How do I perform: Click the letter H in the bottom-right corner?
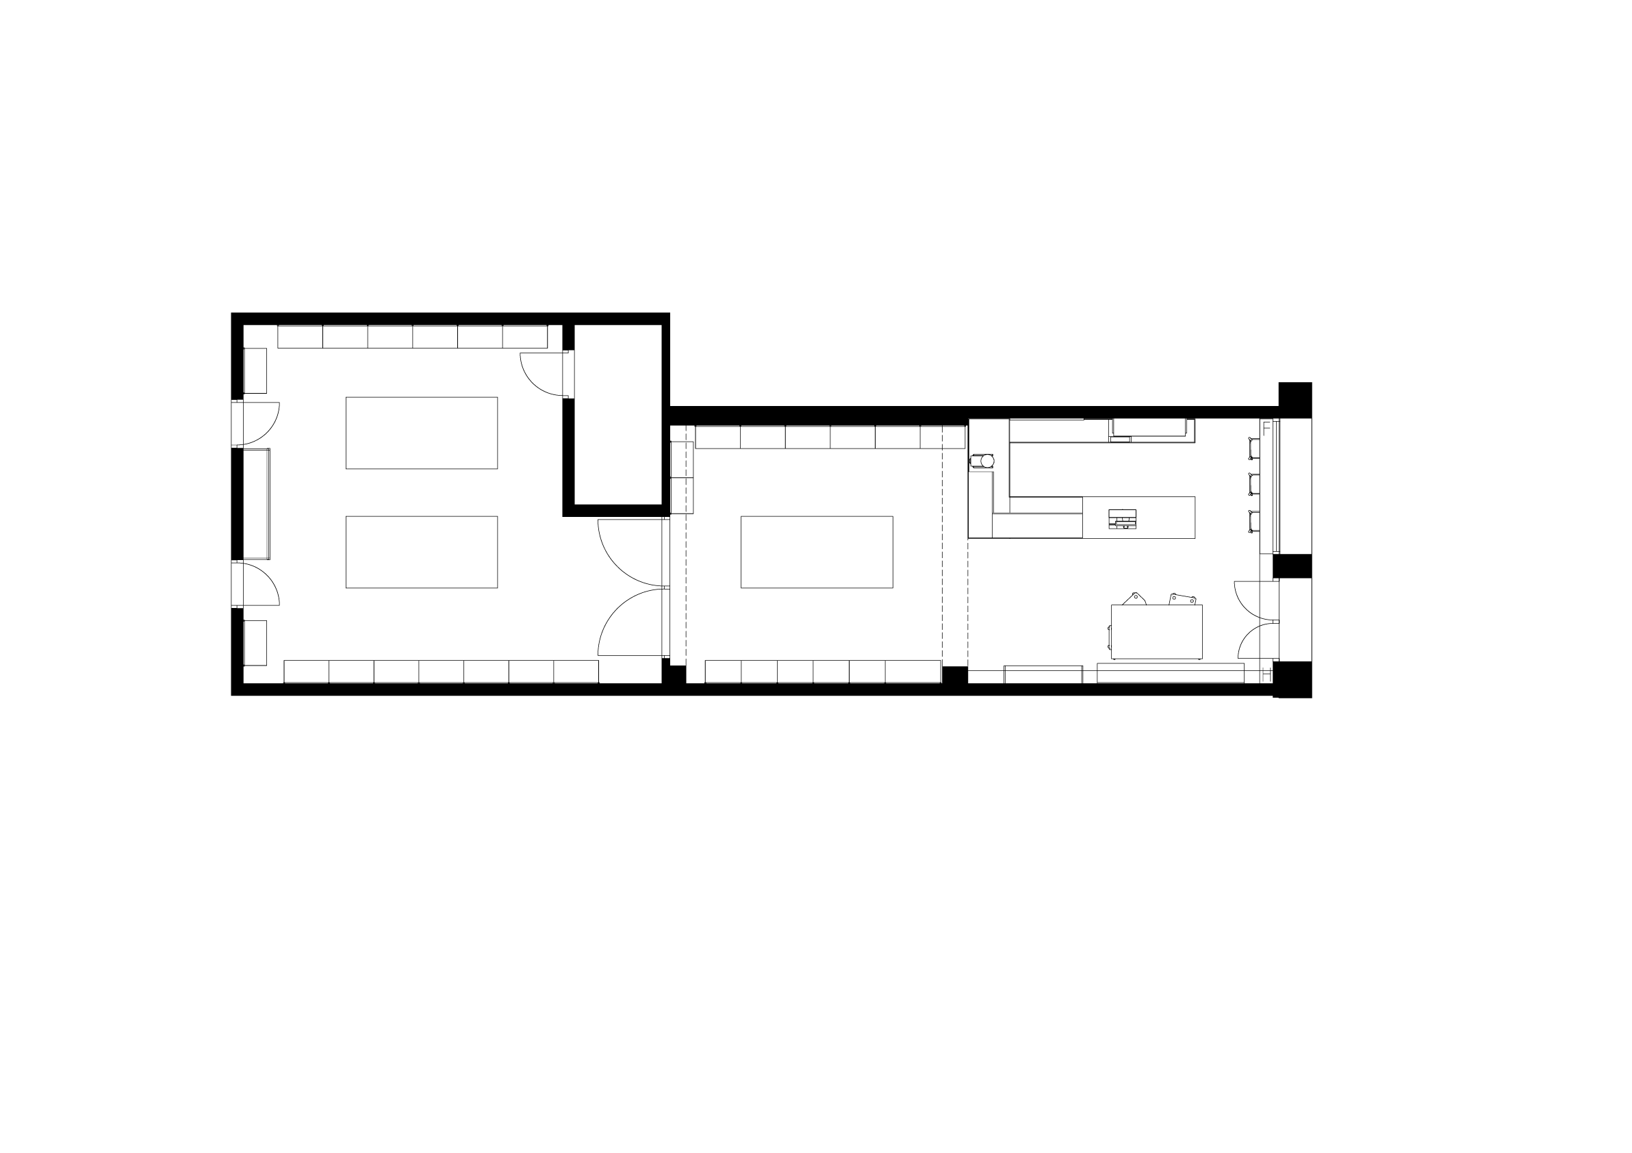pos(1266,674)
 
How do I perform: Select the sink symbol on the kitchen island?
pos(1121,522)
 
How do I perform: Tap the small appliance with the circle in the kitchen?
pos(982,461)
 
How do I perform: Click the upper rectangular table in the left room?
pos(422,433)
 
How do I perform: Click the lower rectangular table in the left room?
pos(422,553)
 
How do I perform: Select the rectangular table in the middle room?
pos(817,553)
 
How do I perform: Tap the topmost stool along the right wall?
pos(1253,448)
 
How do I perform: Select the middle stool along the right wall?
pos(1253,484)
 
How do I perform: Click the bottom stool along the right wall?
pos(1253,521)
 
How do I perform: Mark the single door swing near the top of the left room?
pos(543,374)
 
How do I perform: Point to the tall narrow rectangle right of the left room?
pos(617,414)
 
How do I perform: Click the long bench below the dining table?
pos(1170,673)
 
